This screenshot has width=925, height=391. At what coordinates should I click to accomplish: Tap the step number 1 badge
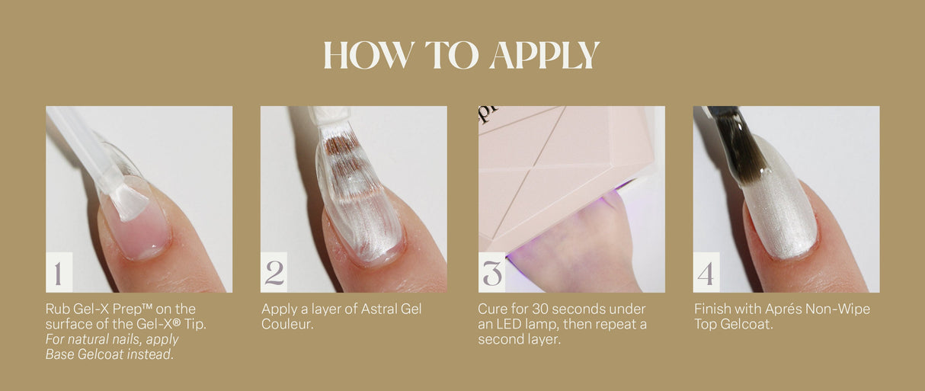pyautogui.click(x=59, y=273)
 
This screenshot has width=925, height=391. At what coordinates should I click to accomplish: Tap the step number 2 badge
pyautogui.click(x=274, y=273)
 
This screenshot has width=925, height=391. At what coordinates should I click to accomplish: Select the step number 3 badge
pyautogui.click(x=492, y=273)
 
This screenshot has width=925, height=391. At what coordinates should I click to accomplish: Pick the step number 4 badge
pyautogui.click(x=706, y=273)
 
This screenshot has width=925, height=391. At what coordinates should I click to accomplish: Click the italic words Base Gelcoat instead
pyautogui.click(x=109, y=354)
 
